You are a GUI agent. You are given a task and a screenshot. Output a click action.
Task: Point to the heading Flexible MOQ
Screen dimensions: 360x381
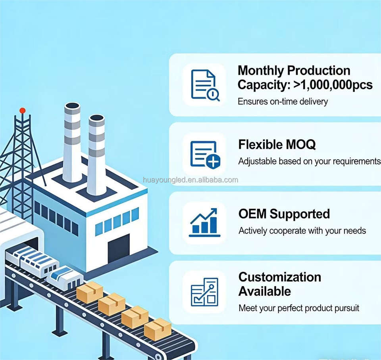[277, 145]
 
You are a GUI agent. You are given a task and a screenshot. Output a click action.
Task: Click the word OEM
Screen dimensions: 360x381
[252, 214]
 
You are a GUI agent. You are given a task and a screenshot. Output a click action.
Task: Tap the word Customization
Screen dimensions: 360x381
[280, 277]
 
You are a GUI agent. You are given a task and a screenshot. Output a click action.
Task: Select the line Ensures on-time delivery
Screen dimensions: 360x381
[283, 101]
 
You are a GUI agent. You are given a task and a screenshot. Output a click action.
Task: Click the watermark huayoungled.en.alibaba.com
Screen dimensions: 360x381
[190, 180]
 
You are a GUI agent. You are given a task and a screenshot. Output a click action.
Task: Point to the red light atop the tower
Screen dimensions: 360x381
[22, 111]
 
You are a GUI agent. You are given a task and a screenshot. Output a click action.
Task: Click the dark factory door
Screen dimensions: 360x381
[119, 248]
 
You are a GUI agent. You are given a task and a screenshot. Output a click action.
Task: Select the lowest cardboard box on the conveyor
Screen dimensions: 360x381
[158, 329]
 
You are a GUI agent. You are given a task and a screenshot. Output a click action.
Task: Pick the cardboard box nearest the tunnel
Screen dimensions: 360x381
[90, 293]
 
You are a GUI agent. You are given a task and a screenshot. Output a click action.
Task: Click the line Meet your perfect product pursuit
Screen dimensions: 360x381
[299, 308]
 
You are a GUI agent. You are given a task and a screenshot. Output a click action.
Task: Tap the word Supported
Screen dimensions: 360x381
[300, 214]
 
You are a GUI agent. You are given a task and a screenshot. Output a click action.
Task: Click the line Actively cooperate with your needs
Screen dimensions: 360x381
[302, 231]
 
